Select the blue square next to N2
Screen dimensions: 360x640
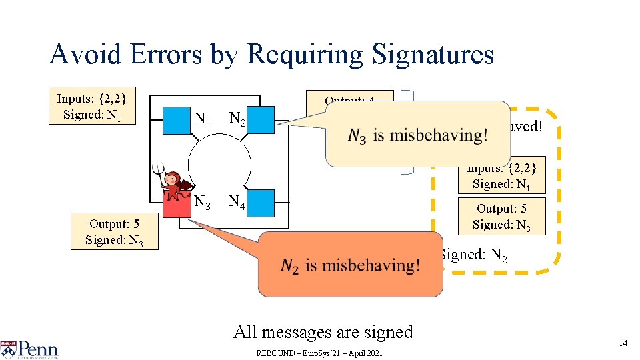pos(261,120)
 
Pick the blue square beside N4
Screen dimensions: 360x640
pos(261,203)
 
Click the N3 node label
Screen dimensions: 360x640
pos(203,201)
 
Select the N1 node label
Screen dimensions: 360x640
pos(203,120)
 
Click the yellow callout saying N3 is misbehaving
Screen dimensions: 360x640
pos(417,134)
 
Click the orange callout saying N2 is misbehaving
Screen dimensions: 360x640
pos(350,265)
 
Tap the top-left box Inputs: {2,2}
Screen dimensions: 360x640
pos(92,106)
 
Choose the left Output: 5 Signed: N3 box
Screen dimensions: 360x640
pos(115,232)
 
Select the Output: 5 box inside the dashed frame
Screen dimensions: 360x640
pos(501,217)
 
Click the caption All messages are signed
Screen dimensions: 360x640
pos(323,331)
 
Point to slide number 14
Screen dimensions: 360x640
pos(623,343)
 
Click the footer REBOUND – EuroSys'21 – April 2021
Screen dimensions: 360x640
pos(319,353)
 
